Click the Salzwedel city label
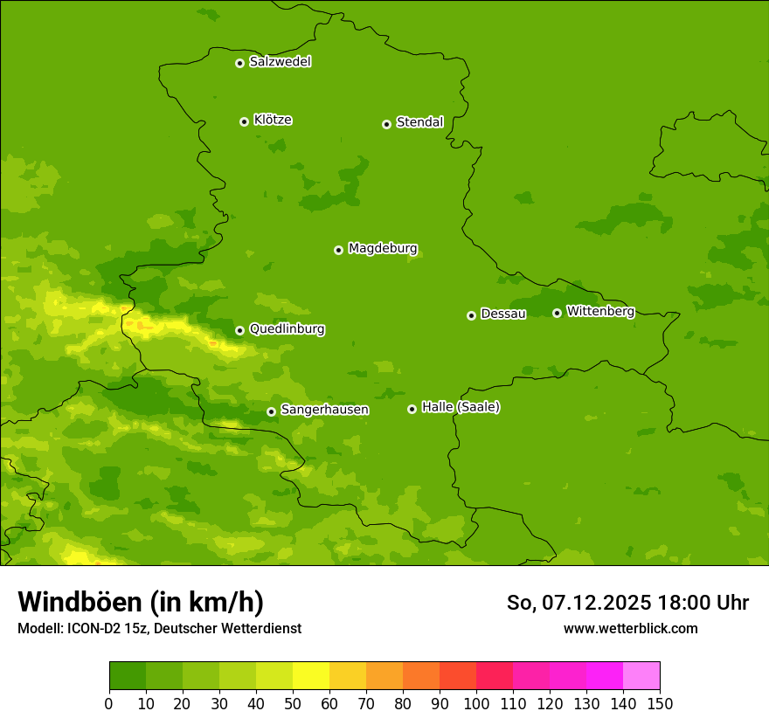click(280, 62)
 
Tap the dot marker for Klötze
click(244, 121)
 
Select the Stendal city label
click(419, 122)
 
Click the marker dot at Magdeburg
click(338, 250)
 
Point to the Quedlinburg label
click(287, 329)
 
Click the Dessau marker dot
click(471, 315)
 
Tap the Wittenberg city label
click(599, 311)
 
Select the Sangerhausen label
click(324, 410)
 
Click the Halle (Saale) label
click(461, 407)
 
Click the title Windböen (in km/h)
click(141, 602)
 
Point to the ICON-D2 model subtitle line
click(159, 629)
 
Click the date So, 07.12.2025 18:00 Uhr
click(627, 603)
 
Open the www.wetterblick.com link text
click(630, 629)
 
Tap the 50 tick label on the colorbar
click(293, 704)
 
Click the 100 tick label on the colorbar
click(476, 704)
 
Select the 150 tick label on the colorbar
click(660, 704)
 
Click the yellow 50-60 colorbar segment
click(311, 676)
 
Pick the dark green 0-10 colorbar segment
click(128, 676)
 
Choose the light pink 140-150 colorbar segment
click(641, 676)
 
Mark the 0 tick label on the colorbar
click(109, 704)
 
